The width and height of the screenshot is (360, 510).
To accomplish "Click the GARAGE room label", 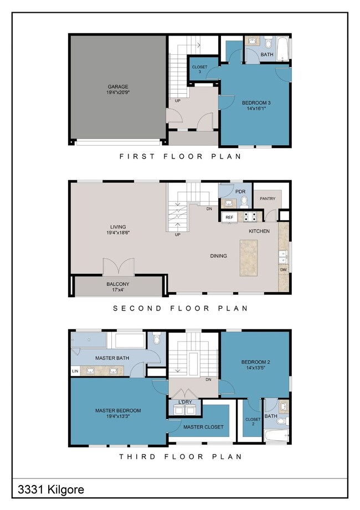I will coord(117,87).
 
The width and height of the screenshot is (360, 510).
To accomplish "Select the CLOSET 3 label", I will coord(199,69).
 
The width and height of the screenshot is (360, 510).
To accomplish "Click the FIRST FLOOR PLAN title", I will coord(181,157).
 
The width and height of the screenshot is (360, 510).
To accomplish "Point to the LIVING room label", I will coord(118,227).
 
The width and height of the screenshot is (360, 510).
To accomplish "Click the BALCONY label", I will coord(117,284).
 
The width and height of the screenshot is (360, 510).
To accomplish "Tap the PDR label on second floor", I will coord(240,191).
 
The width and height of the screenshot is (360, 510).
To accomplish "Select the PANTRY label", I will coord(268,198).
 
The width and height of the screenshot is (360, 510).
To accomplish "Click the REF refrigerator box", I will coord(229,217).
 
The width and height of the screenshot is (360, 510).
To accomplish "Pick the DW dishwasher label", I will coord(283,270).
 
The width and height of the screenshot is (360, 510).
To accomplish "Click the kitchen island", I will coord(250,257).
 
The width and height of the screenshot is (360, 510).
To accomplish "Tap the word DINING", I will coord(219,256).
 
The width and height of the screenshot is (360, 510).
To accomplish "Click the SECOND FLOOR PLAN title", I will coord(181,308).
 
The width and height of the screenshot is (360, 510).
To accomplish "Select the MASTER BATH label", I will coord(112,358).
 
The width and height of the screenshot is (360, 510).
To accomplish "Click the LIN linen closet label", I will coord(75,371).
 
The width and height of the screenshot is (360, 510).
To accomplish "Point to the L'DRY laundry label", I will coord(185,402).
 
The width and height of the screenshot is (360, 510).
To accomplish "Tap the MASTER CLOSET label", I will coord(203,427).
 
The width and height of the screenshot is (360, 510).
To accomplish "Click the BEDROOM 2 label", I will coord(255,363).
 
